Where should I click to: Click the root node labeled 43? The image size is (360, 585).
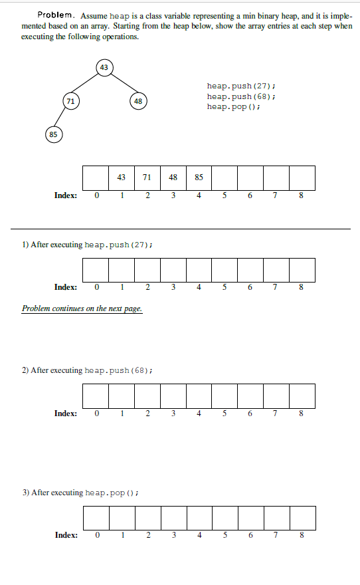coord(104,67)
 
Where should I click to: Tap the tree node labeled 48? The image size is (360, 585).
coord(137,101)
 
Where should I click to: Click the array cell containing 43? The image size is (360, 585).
coord(121,177)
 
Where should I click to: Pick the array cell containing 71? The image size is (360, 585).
coord(147,177)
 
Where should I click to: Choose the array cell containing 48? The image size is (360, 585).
coord(173,177)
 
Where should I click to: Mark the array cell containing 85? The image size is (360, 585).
coord(199,177)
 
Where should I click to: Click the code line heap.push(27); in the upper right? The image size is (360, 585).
coord(241,86)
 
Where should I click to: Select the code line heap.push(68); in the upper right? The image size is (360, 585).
coord(241,96)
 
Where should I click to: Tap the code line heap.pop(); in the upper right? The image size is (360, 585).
coord(233,106)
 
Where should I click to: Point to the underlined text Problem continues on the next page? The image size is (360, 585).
coord(82,308)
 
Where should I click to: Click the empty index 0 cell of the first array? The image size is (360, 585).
coord(95,177)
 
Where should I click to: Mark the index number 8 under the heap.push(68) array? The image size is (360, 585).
coord(302,413)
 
